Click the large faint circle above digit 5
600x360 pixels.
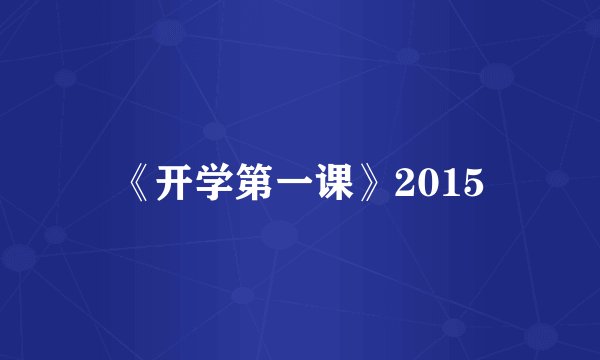click(x=497, y=75)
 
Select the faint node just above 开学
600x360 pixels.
click(x=213, y=130)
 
